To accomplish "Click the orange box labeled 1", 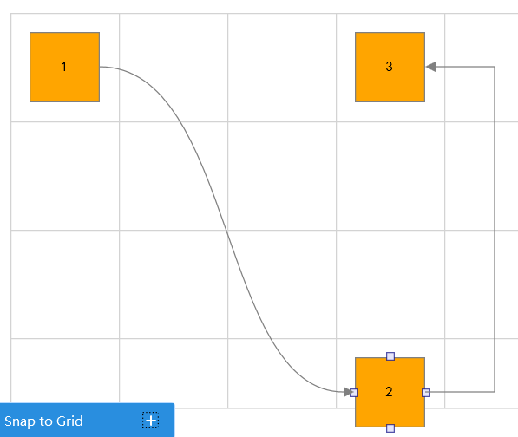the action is pyautogui.click(x=65, y=67).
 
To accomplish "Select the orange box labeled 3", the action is pyautogui.click(x=390, y=67).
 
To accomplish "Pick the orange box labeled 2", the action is pyautogui.click(x=390, y=392).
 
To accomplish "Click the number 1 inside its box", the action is pyautogui.click(x=63, y=67).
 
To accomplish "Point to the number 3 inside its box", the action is pyautogui.click(x=390, y=67).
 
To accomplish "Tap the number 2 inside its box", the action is pyautogui.click(x=390, y=392).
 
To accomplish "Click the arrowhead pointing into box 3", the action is pyautogui.click(x=430, y=67).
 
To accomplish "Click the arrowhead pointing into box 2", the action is pyautogui.click(x=349, y=392).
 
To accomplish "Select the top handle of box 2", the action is pyautogui.click(x=390, y=356).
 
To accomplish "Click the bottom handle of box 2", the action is pyautogui.click(x=390, y=428).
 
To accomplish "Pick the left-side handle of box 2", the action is pyautogui.click(x=354, y=393).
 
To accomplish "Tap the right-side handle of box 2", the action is pyautogui.click(x=426, y=393).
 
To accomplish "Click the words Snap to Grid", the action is pyautogui.click(x=43, y=421).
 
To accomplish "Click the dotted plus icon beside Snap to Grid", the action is pyautogui.click(x=151, y=421).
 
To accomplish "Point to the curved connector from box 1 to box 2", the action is pyautogui.click(x=227, y=231).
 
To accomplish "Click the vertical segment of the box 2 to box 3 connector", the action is pyautogui.click(x=495, y=230).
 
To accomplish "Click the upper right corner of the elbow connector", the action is pyautogui.click(x=495, y=67).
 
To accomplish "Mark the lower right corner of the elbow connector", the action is pyautogui.click(x=495, y=392).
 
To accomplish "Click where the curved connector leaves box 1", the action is pyautogui.click(x=100, y=67).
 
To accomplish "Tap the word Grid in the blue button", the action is pyautogui.click(x=69, y=421).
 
